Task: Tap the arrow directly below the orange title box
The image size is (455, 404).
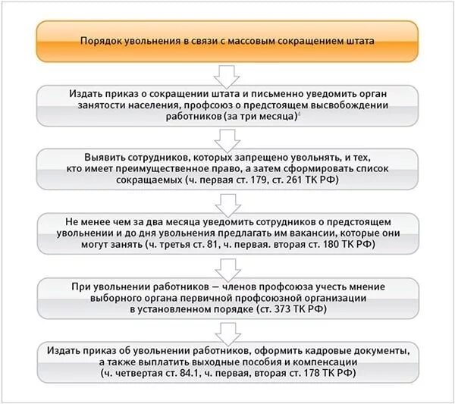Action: [x=227, y=74]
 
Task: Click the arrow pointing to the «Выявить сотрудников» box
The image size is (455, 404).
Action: [x=227, y=139]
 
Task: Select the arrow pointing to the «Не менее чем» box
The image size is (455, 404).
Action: [x=227, y=203]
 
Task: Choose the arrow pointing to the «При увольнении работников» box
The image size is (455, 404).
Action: [x=227, y=267]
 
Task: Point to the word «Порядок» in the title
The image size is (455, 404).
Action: [x=101, y=42]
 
